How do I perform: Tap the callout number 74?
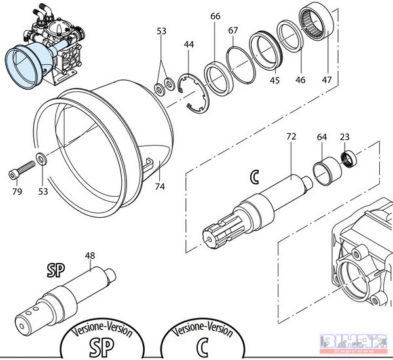158,186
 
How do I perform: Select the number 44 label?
189,44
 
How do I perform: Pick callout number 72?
291,137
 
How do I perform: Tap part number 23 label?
345,137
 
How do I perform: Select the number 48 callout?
90,255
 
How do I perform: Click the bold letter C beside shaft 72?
255,176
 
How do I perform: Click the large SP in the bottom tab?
100,346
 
